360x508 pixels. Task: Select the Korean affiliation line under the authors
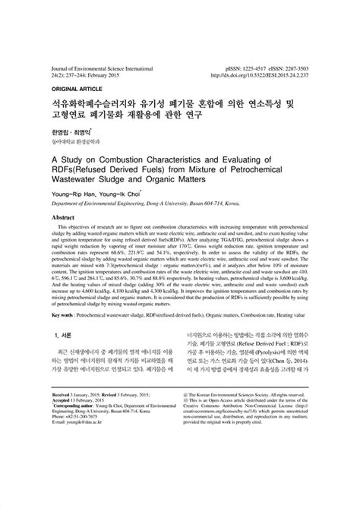click(x=75, y=142)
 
